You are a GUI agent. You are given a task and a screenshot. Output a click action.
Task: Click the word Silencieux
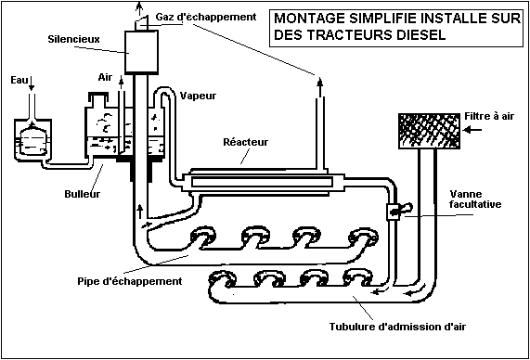(73, 39)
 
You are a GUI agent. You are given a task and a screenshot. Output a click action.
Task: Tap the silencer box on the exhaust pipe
(142, 52)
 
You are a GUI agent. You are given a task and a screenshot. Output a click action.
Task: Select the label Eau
(19, 81)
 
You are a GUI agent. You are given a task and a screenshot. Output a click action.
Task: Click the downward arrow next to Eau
(32, 84)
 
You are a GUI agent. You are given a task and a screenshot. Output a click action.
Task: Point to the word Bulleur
(82, 194)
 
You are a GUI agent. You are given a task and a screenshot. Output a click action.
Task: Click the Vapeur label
(198, 96)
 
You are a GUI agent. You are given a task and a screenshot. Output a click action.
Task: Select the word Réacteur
(246, 142)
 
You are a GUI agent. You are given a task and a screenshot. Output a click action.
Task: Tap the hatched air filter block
(429, 131)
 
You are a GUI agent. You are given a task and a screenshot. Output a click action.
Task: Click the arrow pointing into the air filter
(472, 130)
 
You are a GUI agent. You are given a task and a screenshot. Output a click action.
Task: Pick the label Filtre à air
(489, 116)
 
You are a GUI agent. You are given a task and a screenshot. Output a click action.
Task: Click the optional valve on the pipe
(394, 212)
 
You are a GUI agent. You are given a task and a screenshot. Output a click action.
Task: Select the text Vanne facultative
(475, 199)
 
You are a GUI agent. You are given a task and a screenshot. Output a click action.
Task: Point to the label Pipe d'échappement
(130, 281)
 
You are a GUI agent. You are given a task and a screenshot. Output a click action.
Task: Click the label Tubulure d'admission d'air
(397, 327)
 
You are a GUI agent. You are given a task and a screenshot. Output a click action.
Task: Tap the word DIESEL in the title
(420, 35)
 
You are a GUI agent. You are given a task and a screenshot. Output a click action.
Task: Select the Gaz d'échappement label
(206, 17)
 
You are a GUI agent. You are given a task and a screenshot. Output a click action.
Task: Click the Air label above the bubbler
(105, 77)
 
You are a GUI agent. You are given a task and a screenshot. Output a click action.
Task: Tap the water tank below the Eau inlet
(32, 139)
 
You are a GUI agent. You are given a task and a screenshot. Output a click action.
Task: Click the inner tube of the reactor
(262, 182)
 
